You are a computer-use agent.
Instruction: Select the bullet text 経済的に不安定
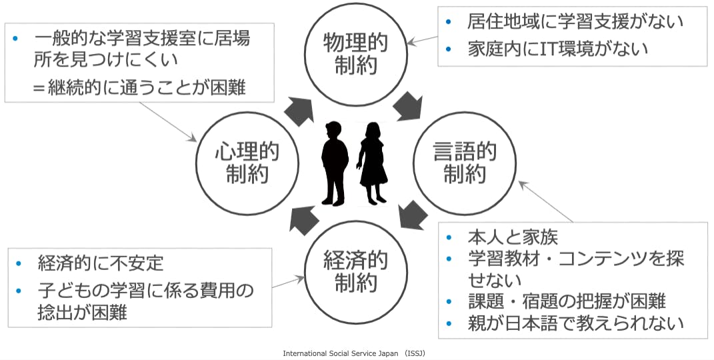click(x=101, y=263)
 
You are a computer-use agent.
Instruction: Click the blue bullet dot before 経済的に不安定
click(x=19, y=263)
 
